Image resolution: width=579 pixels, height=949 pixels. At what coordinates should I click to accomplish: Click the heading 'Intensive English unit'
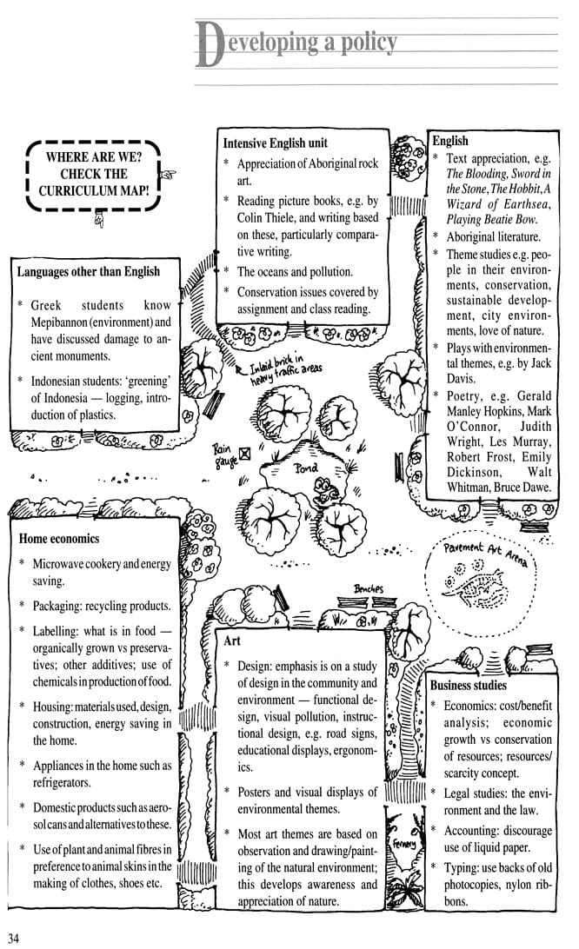click(x=276, y=143)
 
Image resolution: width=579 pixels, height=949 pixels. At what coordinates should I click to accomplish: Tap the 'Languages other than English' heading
click(x=89, y=271)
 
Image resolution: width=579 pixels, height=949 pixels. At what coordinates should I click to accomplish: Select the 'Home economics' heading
click(x=59, y=539)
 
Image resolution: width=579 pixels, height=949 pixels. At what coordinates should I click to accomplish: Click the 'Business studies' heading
click(x=469, y=685)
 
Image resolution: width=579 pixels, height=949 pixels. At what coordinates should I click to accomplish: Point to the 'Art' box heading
click(x=232, y=640)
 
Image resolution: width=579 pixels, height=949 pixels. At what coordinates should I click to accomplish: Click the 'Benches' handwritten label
click(x=369, y=589)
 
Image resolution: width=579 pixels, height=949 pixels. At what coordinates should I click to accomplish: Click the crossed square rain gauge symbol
click(x=245, y=453)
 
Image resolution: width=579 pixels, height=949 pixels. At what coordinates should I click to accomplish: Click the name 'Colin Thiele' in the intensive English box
click(x=267, y=218)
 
